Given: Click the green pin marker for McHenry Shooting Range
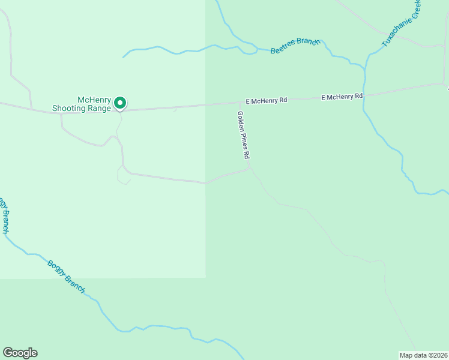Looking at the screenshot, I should coord(120,103).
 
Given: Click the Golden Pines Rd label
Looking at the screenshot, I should coord(243,135).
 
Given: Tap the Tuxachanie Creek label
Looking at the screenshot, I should coord(402,24).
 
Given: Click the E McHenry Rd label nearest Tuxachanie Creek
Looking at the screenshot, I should coord(342,97).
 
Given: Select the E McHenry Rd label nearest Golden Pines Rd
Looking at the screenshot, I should coord(267,101).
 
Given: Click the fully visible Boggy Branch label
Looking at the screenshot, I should coord(66,277).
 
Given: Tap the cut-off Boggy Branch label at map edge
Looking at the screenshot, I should coord(5,215).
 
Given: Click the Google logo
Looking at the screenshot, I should coord(20,353).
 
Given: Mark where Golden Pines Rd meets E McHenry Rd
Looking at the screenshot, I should coord(240,103).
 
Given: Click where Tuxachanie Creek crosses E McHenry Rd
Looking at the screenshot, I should coord(364,95).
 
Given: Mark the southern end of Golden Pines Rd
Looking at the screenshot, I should coord(249,169).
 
